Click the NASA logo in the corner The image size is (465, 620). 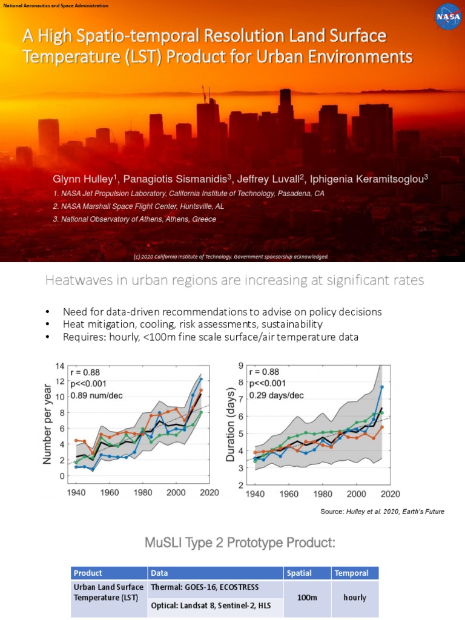click(x=448, y=16)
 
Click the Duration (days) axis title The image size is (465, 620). click(x=231, y=425)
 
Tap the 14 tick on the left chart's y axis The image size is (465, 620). click(x=60, y=366)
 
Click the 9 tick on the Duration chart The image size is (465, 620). click(x=240, y=366)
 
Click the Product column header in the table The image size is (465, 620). click(x=88, y=573)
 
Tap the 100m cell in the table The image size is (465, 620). click(x=307, y=598)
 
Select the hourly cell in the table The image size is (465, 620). click(x=354, y=598)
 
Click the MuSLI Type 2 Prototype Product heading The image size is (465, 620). click(x=239, y=542)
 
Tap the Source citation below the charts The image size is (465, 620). click(x=382, y=512)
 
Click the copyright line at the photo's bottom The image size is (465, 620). click(x=231, y=257)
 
